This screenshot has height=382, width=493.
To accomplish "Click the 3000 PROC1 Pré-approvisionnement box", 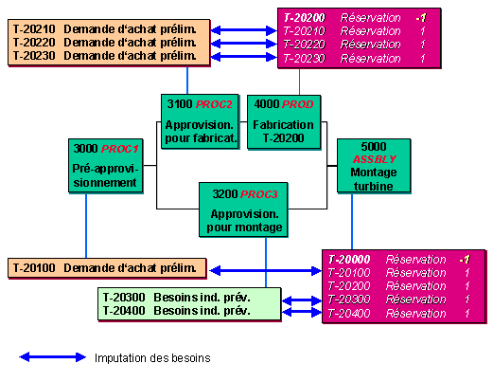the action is [x=106, y=166].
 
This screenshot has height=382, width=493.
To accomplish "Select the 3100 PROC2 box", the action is [x=200, y=121].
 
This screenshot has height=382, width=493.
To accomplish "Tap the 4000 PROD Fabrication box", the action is [x=284, y=122].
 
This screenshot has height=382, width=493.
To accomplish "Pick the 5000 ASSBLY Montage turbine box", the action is [x=374, y=166].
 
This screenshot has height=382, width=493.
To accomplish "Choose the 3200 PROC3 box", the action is [x=243, y=209].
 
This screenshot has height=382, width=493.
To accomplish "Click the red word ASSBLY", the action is [x=374, y=159].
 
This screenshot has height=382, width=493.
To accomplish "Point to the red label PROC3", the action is [x=259, y=194].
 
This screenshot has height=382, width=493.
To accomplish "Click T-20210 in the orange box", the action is [x=34, y=29].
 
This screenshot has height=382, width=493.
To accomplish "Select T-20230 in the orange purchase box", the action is [x=34, y=56].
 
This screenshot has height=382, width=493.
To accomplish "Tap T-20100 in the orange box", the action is [x=34, y=268].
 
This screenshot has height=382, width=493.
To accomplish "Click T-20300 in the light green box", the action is [x=124, y=298].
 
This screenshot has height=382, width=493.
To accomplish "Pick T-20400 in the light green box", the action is [x=124, y=311].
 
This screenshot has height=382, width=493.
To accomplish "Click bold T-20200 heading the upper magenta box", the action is [x=305, y=18].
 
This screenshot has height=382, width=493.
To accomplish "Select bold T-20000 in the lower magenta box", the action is [x=349, y=260].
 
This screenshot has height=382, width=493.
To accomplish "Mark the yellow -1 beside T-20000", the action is [x=465, y=260].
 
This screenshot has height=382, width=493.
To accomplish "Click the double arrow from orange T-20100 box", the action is [x=265, y=270].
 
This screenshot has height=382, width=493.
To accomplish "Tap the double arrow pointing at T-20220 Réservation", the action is [x=243, y=44].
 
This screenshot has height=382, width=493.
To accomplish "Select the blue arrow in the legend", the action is [x=52, y=357].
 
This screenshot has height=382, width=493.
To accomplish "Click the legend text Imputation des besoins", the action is [x=152, y=358].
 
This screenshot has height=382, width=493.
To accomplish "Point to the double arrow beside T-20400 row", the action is [x=302, y=313].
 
